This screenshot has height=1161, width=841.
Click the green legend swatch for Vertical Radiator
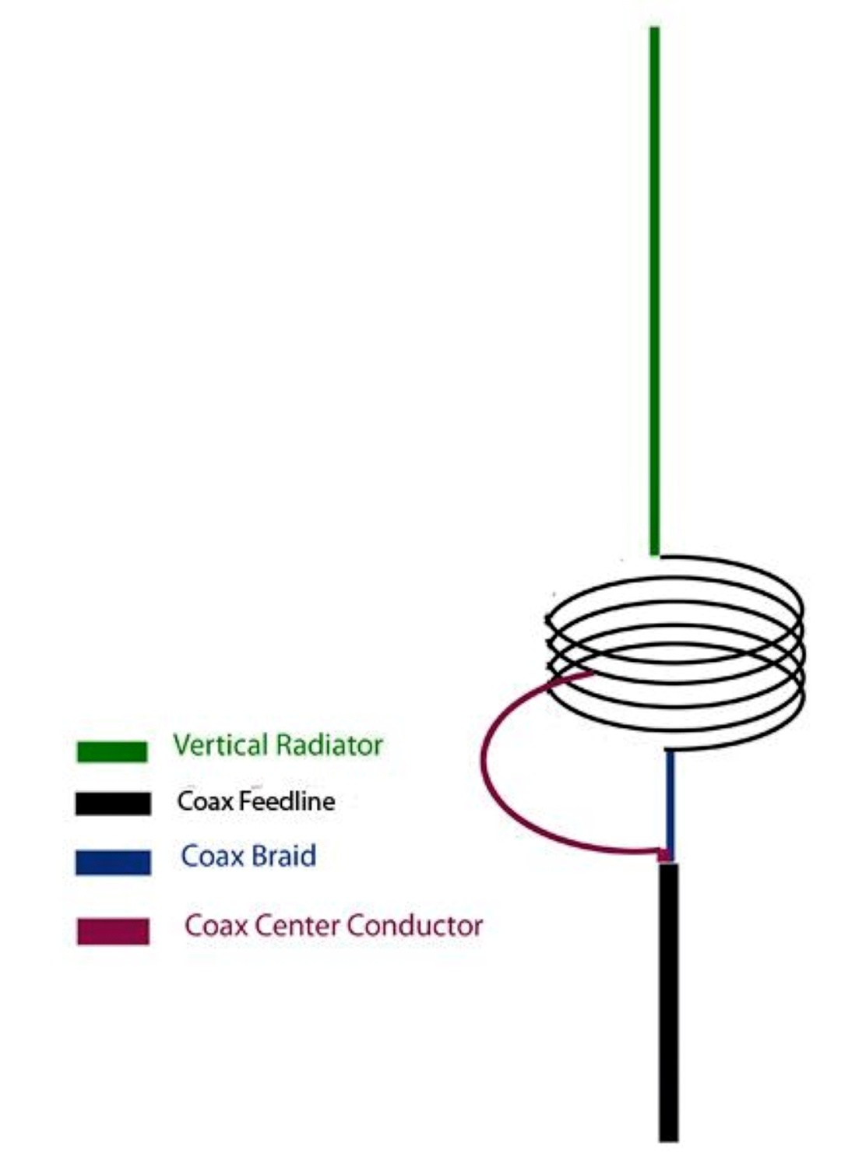tap(111, 751)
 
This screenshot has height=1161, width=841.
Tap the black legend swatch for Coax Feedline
tap(113, 803)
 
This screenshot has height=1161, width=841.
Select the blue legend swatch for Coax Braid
tap(113, 862)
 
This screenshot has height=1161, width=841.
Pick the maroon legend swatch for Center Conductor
tap(113, 931)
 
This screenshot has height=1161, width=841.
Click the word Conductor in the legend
tap(414, 925)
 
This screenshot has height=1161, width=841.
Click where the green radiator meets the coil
tap(655, 554)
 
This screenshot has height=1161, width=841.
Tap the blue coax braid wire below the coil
tap(669, 802)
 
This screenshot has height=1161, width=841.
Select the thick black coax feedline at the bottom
tap(668, 1004)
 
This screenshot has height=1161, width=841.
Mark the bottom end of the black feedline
tap(668, 1138)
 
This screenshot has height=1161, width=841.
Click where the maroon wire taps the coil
tap(589, 674)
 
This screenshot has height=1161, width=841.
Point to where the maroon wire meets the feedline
tap(663, 856)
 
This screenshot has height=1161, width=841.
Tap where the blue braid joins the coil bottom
tap(669, 751)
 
